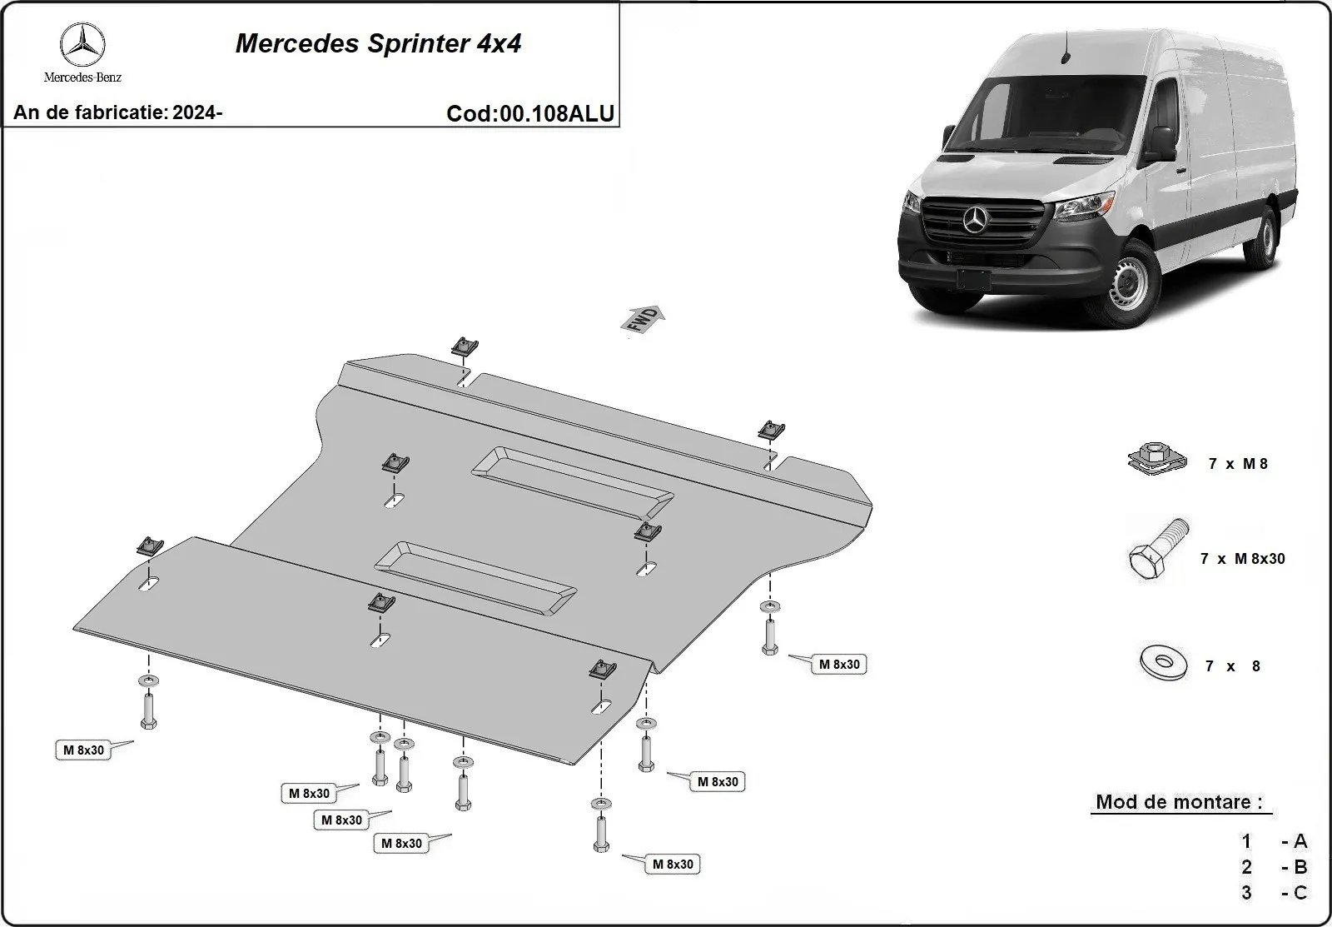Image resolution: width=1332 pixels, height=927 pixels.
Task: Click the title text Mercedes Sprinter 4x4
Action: [x=378, y=43]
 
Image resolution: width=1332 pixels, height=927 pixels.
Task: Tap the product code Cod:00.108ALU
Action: [x=530, y=113]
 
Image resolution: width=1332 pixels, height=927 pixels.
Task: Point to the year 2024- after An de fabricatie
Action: [x=197, y=112]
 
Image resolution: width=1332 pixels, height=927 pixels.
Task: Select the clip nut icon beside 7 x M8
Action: [x=1157, y=461]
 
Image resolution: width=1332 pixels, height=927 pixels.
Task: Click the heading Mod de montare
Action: [x=1178, y=802]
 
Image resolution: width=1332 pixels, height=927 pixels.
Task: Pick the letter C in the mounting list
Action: [x=1300, y=893]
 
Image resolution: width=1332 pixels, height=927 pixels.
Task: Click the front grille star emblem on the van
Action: [x=975, y=222]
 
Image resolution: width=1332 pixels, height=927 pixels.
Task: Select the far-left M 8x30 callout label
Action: [x=84, y=750]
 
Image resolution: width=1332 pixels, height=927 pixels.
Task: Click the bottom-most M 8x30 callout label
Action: [x=673, y=864]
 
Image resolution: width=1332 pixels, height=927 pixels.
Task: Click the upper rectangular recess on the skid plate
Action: [x=573, y=483]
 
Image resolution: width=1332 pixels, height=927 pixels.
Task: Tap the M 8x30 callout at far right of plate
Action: [x=839, y=664]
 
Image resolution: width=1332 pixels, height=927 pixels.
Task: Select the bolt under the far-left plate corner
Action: [x=148, y=710]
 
